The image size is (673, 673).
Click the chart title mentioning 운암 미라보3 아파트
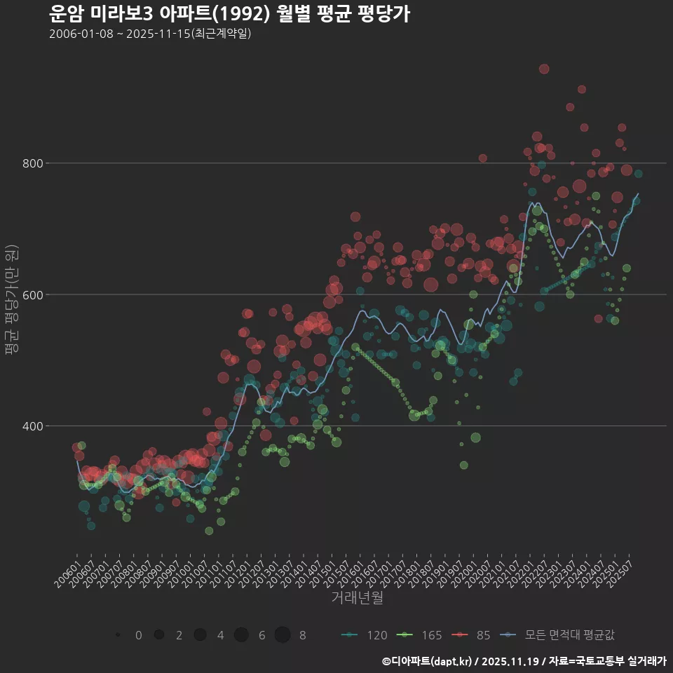(229, 13)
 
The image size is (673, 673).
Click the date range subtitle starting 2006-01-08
(150, 34)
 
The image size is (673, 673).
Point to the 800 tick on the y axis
(32, 163)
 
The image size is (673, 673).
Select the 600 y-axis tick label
(32, 294)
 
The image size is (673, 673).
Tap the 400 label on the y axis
(32, 426)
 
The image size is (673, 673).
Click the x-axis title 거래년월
(357, 598)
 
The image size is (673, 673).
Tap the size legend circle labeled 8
(283, 635)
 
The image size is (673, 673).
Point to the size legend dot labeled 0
(118, 635)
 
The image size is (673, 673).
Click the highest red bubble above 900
(544, 69)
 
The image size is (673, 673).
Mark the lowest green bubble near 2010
(209, 531)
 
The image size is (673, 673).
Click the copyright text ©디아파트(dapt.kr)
(429, 660)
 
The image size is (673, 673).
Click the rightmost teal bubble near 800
(638, 174)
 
